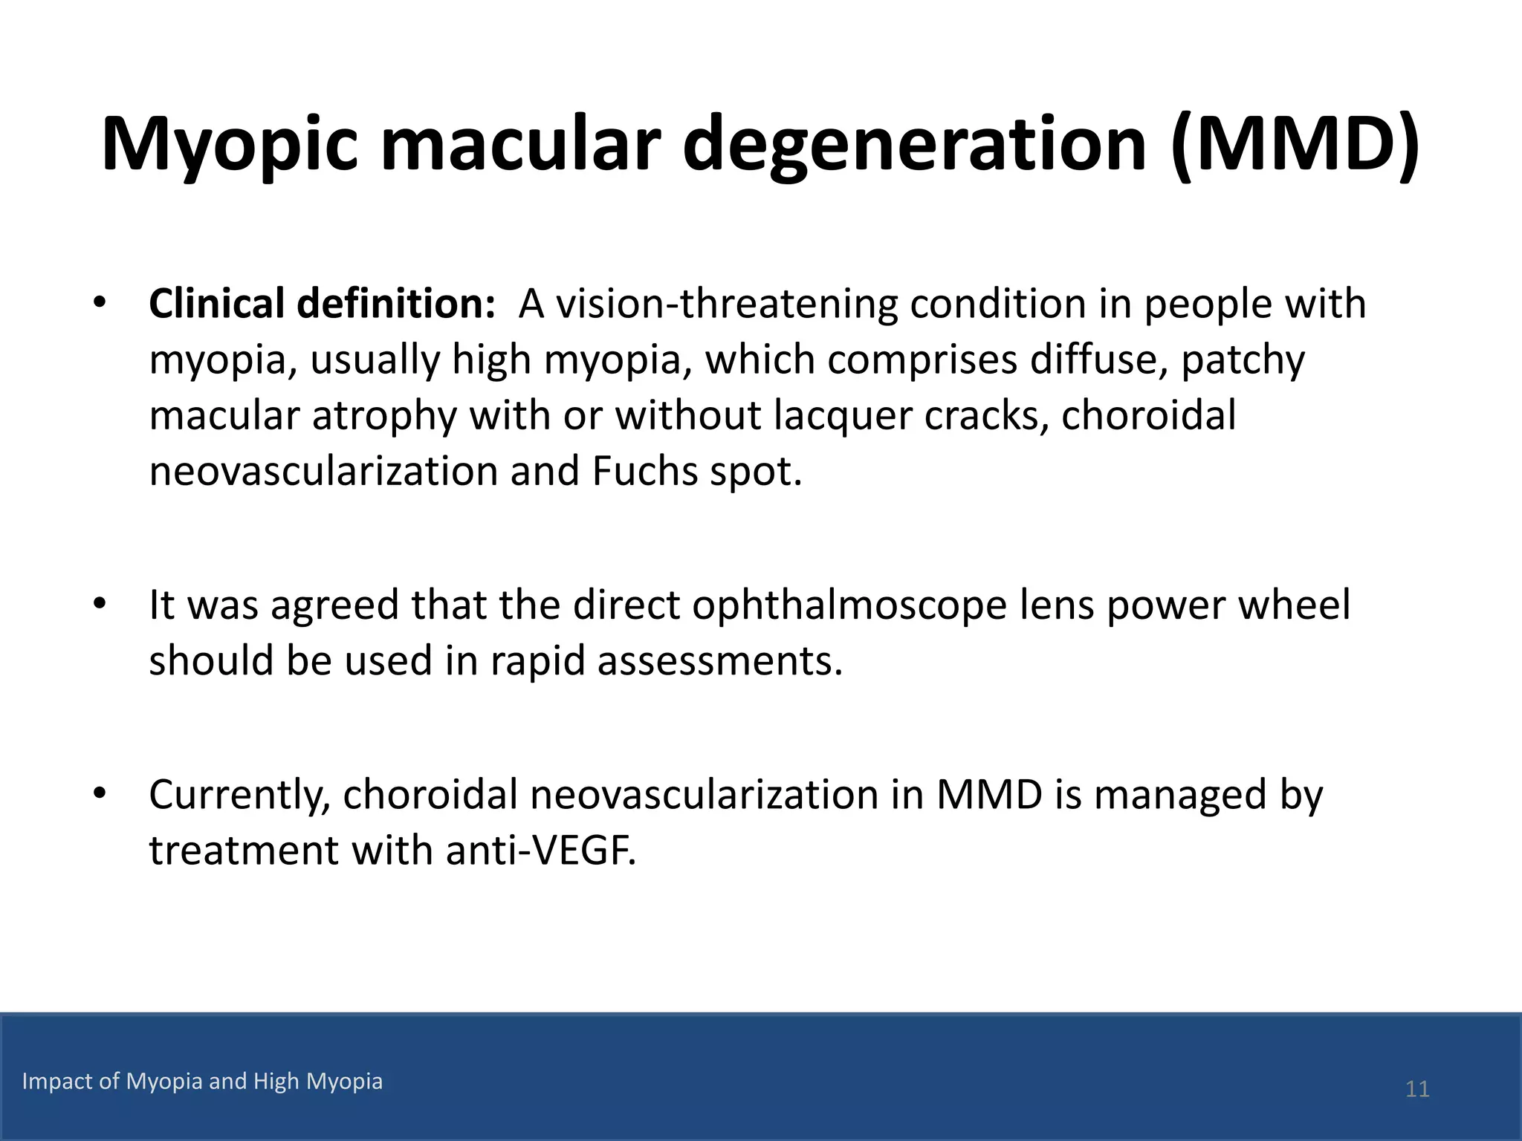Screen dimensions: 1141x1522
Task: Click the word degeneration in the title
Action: [914, 145]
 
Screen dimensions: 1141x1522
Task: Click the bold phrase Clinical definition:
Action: [322, 304]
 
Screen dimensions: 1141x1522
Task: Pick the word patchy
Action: [1243, 360]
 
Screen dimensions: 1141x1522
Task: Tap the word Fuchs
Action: [644, 471]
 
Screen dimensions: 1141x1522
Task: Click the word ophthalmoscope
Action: [849, 605]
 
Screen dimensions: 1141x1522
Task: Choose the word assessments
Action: [719, 660]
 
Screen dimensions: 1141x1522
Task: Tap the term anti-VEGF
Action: [540, 850]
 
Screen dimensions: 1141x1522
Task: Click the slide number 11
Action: [1417, 1089]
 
